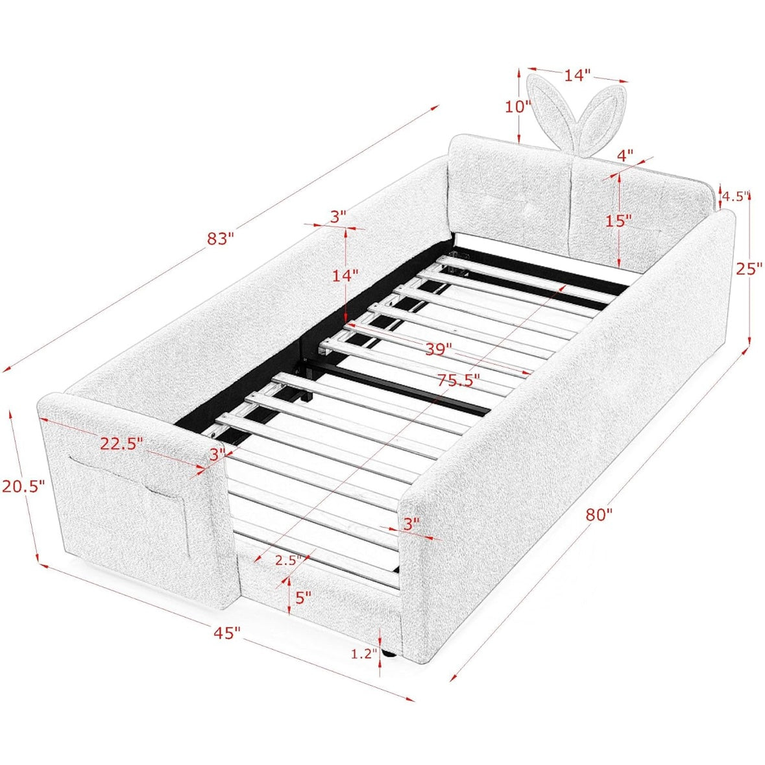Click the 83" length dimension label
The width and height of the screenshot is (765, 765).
pos(221,239)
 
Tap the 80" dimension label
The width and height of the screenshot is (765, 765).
pos(599,515)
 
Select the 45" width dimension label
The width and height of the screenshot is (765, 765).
pos(227,633)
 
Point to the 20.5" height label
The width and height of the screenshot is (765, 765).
pos(23,486)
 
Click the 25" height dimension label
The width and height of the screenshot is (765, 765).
pos(749,268)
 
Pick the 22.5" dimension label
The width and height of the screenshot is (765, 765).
pos(121,443)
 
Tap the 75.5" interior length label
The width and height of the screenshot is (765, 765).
pos(458,380)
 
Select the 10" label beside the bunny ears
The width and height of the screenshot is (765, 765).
pos(517,106)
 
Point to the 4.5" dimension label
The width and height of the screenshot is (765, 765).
pos(735,196)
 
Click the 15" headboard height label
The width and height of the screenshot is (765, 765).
pos(618,221)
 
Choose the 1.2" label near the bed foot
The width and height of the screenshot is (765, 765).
pos(364,654)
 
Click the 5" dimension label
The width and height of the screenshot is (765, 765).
pos(303,597)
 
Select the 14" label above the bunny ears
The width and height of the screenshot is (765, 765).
pos(577,75)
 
